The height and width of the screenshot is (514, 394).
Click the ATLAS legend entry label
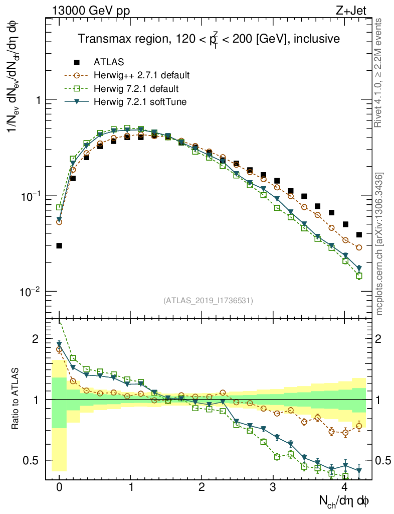coord(109,63)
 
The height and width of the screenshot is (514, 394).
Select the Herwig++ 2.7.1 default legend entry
coord(141,76)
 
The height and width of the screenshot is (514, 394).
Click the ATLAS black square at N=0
coord(59,245)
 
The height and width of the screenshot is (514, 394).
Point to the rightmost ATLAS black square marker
coord(359,234)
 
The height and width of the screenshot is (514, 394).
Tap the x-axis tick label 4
coord(344,487)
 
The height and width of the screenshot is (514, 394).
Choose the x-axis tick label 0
coord(59,487)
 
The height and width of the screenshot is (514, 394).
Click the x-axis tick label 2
coord(202,487)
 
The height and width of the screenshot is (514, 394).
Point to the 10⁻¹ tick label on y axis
coord(31,195)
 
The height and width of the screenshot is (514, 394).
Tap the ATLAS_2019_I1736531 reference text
coord(208,301)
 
